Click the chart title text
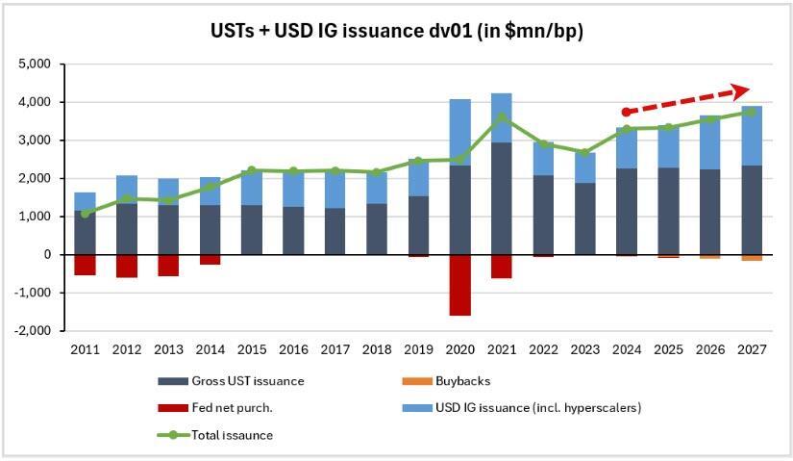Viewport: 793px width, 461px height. coord(396,31)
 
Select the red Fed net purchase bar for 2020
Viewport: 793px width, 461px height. coord(460,285)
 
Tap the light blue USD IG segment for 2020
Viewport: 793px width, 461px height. coord(460,132)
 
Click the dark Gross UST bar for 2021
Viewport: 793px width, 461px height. coord(502,198)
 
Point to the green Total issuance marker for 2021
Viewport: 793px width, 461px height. coord(502,117)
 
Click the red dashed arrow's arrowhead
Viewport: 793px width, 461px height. coord(741,91)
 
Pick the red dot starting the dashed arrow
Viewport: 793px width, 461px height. coord(627,112)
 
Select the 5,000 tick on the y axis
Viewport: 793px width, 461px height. coord(37,64)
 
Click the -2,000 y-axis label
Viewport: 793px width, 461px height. coord(35,331)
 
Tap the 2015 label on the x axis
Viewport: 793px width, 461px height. coord(252,349)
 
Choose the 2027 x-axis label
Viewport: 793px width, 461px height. coord(752,349)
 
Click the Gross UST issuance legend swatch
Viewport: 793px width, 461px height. coord(173,381)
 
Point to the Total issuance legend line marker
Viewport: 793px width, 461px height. coord(173,435)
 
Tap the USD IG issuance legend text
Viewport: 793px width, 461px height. coord(538,408)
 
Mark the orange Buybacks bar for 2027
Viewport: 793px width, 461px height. coord(752,258)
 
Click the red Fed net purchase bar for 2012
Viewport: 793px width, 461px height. coord(127,266)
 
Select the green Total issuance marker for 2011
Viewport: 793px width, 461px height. coord(85,214)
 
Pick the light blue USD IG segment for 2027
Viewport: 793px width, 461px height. coord(752,136)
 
